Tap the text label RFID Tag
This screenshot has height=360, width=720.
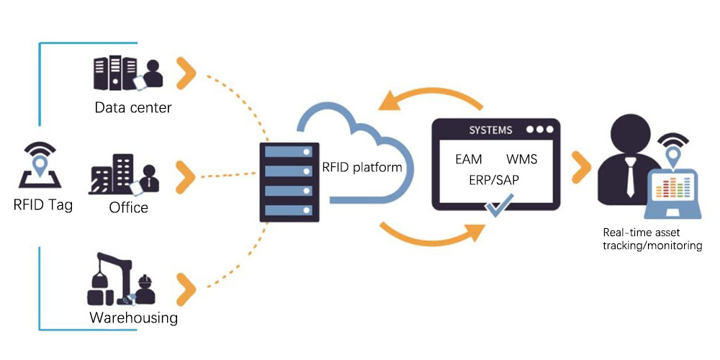tap(43, 204)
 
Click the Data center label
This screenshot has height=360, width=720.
tap(133, 108)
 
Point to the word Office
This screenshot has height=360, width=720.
tap(129, 207)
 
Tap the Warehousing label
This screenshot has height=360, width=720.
tap(133, 318)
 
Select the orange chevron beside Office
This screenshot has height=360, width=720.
tap(186, 174)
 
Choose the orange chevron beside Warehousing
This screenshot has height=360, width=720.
tap(186, 282)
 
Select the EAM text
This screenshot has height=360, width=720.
tap(469, 158)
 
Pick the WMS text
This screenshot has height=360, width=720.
tap(521, 158)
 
